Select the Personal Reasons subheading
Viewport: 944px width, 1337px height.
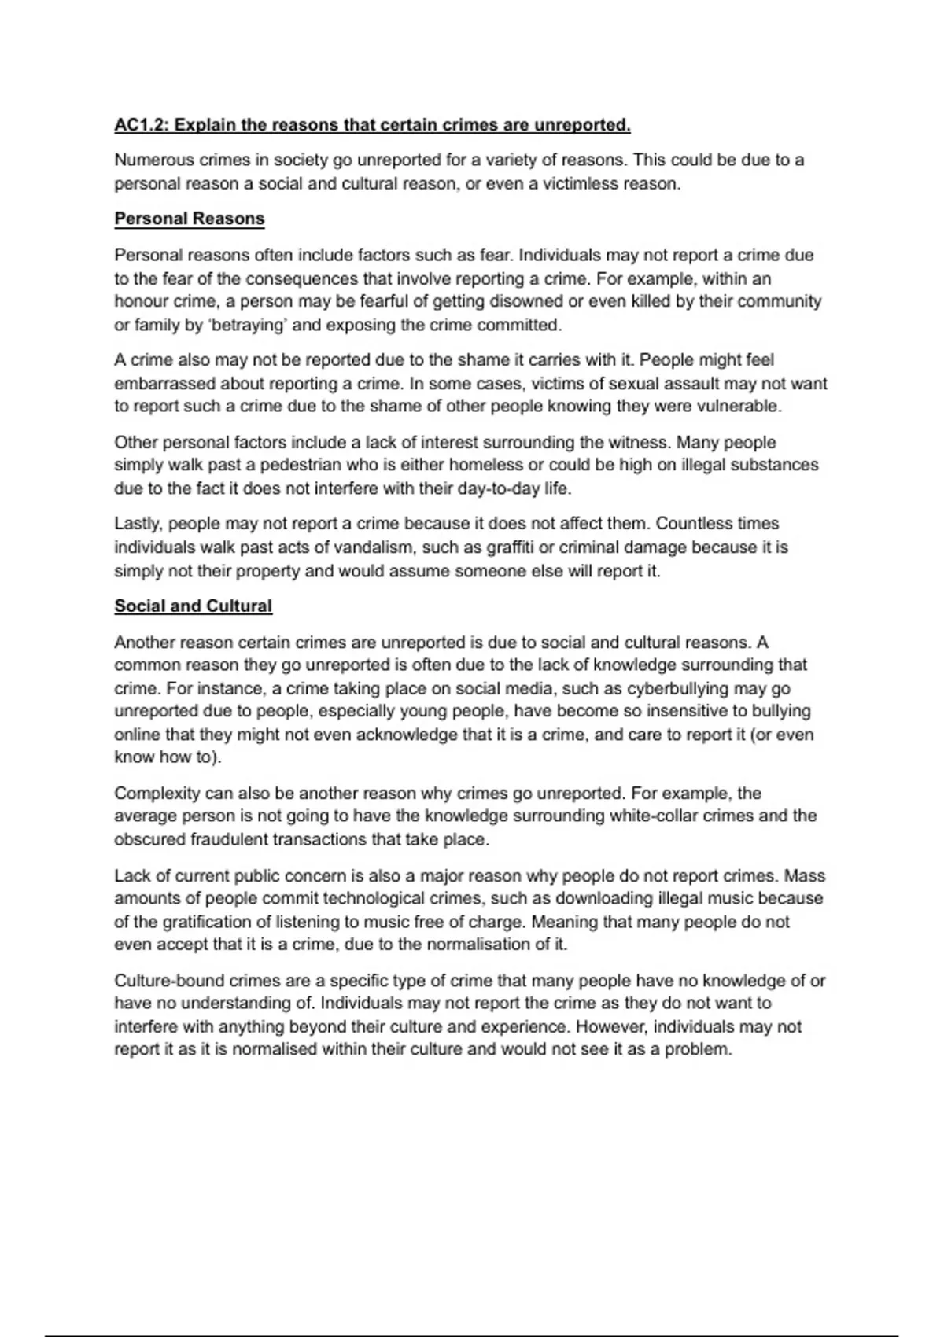coord(190,219)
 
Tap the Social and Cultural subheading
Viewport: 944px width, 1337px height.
coord(194,606)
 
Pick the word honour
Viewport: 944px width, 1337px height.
coord(138,302)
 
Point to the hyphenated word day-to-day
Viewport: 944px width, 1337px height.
coord(498,488)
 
